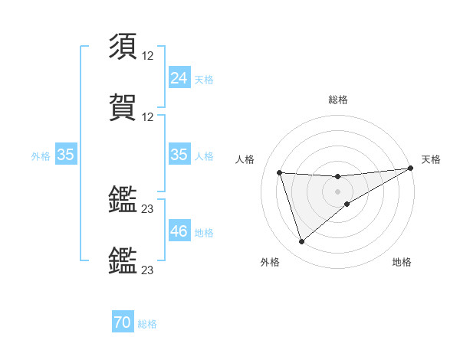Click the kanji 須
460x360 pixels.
pyautogui.click(x=123, y=47)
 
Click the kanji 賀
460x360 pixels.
pyautogui.click(x=123, y=106)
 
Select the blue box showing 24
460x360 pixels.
pyautogui.click(x=179, y=77)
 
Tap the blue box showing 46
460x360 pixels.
pyautogui.click(x=179, y=231)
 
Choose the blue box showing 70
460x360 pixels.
pyautogui.click(x=123, y=323)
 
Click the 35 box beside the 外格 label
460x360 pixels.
pyautogui.click(x=65, y=155)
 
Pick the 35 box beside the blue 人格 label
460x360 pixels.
pyautogui.click(x=179, y=155)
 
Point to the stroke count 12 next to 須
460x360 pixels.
pyautogui.click(x=148, y=57)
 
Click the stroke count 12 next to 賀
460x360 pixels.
pyautogui.click(x=148, y=116)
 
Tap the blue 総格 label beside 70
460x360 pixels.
pyautogui.click(x=147, y=324)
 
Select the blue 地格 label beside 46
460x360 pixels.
pyautogui.click(x=204, y=232)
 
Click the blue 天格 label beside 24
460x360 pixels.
pyautogui.click(x=204, y=79)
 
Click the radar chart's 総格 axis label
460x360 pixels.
pyautogui.click(x=338, y=100)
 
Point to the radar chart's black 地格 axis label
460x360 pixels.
pyautogui.click(x=402, y=263)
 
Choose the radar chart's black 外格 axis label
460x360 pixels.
pyautogui.click(x=270, y=263)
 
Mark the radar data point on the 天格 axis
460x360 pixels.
pyautogui.click(x=410, y=169)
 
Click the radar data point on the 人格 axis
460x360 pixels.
pyautogui.click(x=280, y=172)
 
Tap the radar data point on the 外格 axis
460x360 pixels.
pyautogui.click(x=301, y=242)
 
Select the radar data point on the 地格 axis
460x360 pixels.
pyautogui.click(x=347, y=204)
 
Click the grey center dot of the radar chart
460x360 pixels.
pyautogui.click(x=338, y=191)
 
